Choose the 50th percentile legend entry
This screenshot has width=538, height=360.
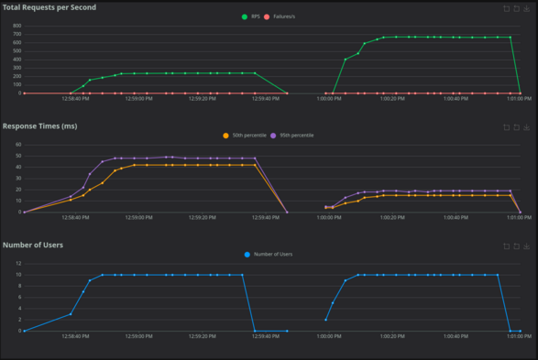pos(245,135)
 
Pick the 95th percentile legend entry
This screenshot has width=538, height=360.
pos(292,135)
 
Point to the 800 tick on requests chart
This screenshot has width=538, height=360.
pos(16,27)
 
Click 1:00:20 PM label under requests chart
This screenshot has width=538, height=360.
pos(393,100)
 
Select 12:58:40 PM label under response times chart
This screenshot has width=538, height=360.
pos(76,219)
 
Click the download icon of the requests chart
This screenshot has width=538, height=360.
pos(528,8)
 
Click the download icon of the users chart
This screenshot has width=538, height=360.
pos(528,246)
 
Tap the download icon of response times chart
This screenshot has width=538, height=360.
pos(528,127)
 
